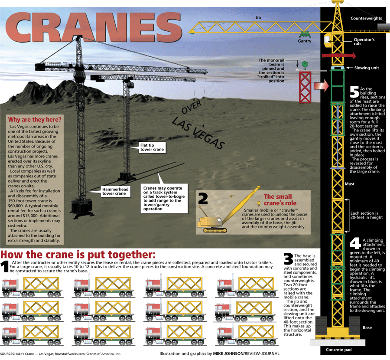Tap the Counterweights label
[x=366, y=19]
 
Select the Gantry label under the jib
[x=305, y=42]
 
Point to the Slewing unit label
[x=367, y=68]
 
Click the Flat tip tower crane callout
[x=152, y=147]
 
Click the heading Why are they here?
[x=35, y=120]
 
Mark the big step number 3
[x=288, y=259]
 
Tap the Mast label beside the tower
[x=350, y=184]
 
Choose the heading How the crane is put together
[x=78, y=254]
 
